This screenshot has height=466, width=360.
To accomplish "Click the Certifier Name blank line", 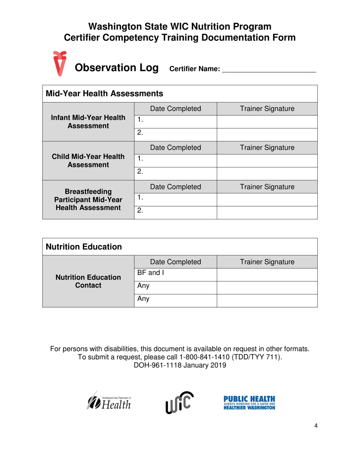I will coord(269,69).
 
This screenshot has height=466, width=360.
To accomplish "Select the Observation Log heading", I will coord(116,68).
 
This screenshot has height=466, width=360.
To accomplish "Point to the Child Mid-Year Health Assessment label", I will coord(88,161).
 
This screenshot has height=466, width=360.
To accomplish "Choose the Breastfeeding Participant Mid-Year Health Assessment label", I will coord(88,200).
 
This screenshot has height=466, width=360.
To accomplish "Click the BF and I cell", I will coord(175,274).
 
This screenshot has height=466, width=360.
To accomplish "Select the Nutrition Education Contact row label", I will coord(88,281).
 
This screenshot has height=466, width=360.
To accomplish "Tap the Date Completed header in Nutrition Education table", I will coord(175,262).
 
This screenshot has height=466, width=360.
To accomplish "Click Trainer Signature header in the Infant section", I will coord(267,109).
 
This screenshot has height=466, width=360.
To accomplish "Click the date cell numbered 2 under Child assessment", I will coord(175,173).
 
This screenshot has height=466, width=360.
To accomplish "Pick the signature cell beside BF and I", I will coord(267,274).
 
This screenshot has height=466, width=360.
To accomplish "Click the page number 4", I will coord(316,425).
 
